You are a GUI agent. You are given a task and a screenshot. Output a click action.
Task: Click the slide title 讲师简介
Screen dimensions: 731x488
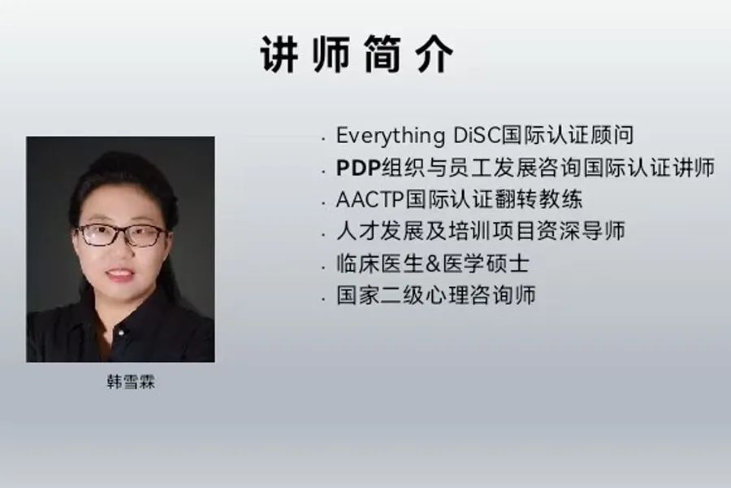357,54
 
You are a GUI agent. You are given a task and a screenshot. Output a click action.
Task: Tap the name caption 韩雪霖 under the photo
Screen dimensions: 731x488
131,382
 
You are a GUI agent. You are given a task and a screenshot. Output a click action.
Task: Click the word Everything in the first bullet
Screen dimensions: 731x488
391,136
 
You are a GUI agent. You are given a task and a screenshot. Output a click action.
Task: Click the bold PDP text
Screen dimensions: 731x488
358,168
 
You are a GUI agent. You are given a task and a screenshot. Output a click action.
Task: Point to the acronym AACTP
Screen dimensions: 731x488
370,199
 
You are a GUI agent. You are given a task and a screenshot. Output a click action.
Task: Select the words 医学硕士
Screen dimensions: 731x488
486,264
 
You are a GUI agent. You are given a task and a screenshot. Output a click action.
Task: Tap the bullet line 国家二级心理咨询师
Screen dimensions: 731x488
436,295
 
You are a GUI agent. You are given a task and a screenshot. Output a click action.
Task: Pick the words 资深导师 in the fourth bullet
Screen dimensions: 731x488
581,231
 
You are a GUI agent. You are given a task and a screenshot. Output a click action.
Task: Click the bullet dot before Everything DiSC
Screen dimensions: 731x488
323,139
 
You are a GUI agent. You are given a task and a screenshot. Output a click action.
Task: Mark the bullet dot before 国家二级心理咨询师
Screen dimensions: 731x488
323,298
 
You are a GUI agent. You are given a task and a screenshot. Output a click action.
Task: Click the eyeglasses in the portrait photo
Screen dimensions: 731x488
120,235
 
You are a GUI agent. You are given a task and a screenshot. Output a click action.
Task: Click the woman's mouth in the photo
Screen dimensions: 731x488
119,274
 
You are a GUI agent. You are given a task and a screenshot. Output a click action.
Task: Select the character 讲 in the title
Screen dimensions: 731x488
279,54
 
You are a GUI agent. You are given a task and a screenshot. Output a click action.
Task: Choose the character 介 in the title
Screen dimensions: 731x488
434,54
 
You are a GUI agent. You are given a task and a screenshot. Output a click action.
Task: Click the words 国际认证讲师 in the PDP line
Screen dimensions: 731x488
650,168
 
